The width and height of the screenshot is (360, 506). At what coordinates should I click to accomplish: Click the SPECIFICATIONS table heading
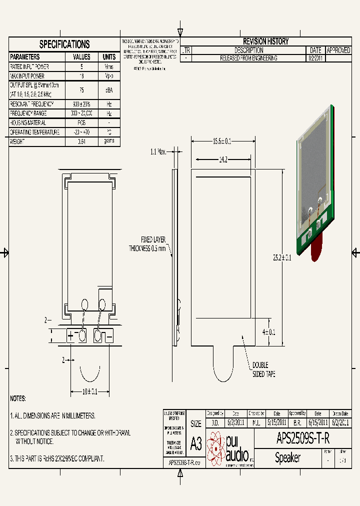64,44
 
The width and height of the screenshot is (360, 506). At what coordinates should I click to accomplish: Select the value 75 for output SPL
81,90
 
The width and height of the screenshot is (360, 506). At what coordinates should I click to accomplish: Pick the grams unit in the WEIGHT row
109,141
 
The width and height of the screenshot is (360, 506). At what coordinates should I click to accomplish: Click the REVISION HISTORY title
265,41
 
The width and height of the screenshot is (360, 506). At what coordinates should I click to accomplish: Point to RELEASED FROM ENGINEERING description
248,58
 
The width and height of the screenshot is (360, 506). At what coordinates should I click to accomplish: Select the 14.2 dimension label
223,160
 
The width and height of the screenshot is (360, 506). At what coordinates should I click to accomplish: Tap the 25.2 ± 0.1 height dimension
282,258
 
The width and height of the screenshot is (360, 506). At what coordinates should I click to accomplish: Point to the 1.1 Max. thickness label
158,151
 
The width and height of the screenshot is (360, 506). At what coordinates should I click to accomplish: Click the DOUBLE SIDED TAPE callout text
263,369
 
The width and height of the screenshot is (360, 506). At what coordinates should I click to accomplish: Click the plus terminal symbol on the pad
70,336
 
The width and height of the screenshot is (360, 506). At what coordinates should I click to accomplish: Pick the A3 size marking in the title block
196,443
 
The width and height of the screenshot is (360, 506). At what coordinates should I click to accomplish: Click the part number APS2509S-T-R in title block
303,439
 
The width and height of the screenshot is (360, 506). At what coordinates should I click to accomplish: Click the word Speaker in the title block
287,457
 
